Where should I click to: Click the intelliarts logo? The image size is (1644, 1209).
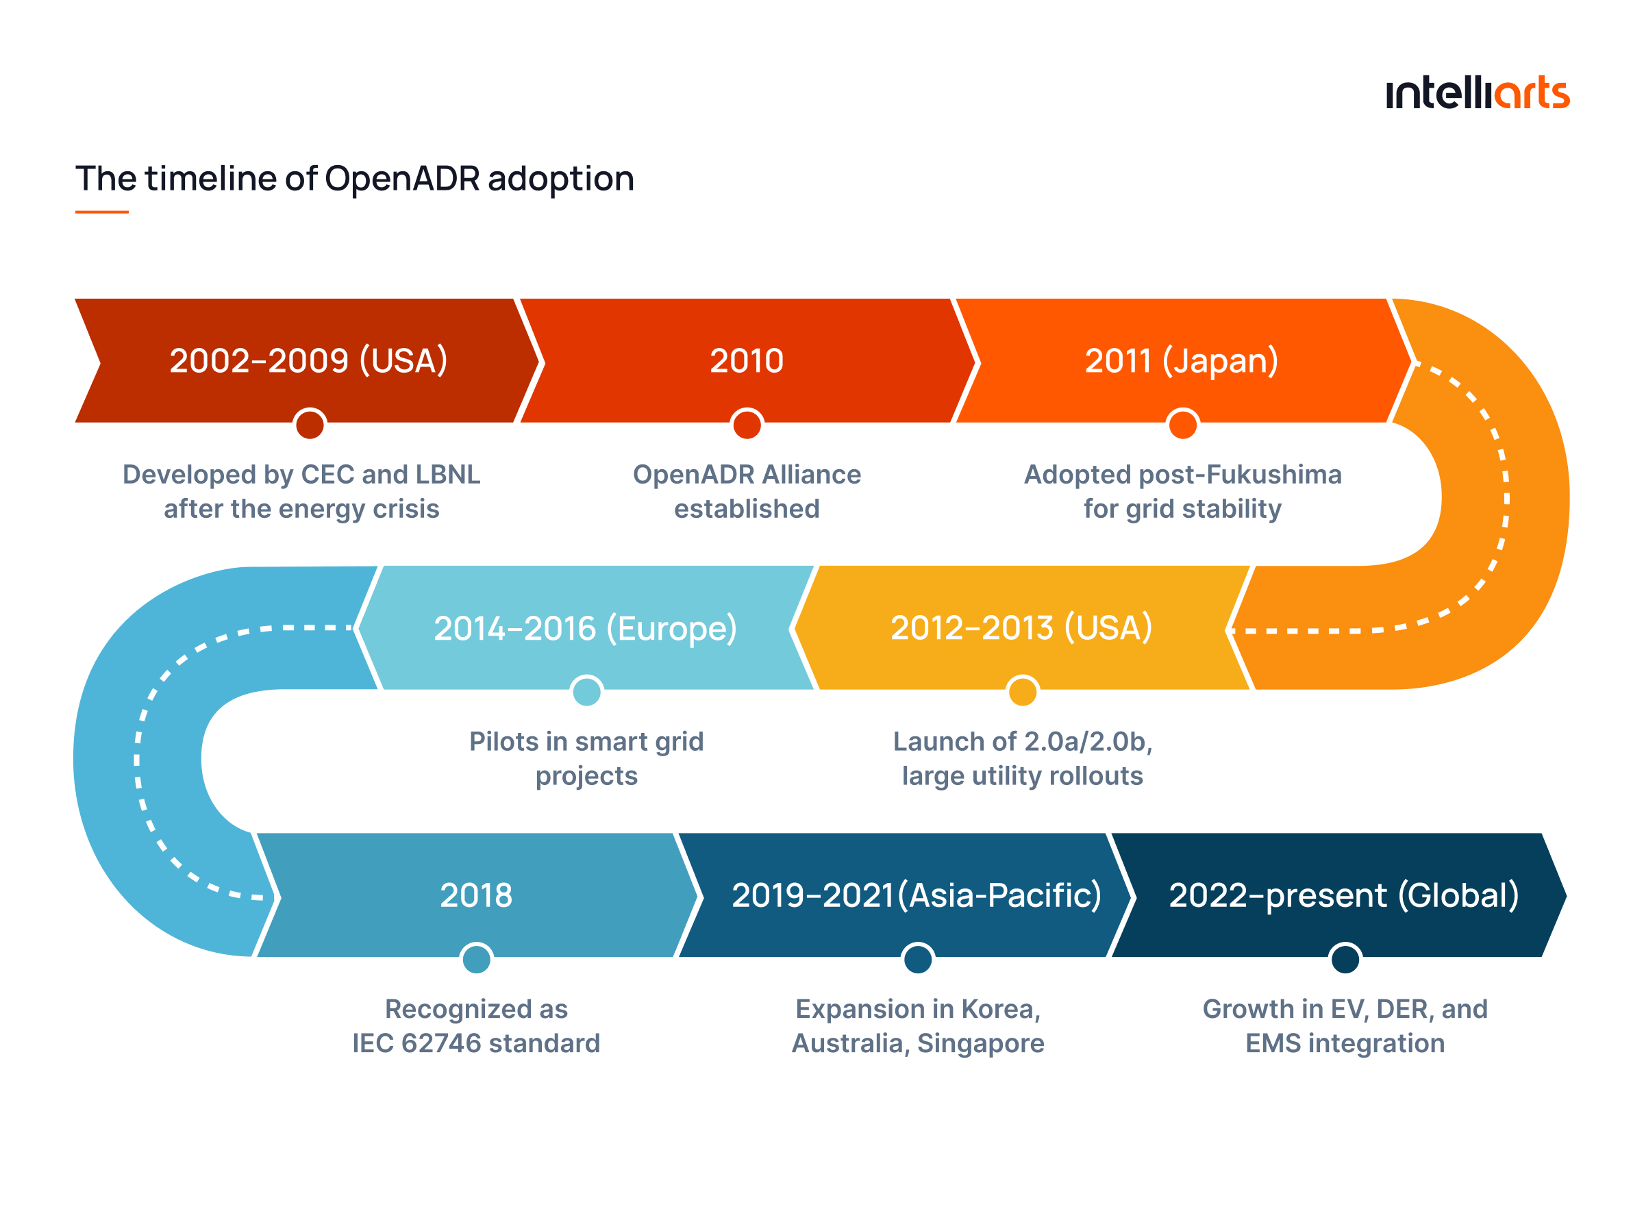[1476, 94]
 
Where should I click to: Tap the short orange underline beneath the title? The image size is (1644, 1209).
[101, 212]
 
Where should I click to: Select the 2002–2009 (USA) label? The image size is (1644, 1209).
[308, 361]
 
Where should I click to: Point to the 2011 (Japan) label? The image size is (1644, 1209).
[1181, 361]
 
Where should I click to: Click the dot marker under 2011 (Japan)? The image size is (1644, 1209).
[1182, 424]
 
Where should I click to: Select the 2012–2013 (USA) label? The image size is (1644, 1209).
[1021, 628]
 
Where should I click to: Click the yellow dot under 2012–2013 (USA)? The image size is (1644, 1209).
[1022, 691]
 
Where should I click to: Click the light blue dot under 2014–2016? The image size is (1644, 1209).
[586, 691]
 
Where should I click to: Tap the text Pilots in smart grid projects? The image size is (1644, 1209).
[586, 758]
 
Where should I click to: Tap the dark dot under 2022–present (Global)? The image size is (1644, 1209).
[1345, 959]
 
